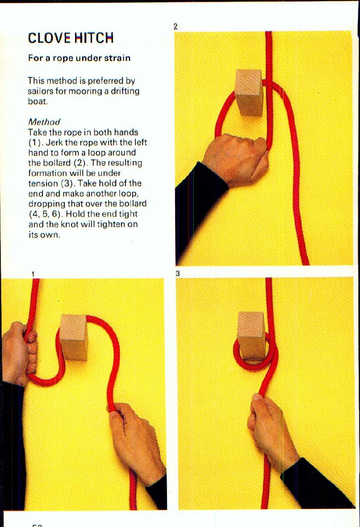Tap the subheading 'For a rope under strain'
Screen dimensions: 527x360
point(79,58)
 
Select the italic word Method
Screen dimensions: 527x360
point(44,122)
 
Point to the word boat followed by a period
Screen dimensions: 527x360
point(38,101)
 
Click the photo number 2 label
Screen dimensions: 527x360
point(175,27)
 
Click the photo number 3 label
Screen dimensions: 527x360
point(178,274)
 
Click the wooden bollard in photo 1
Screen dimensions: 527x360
point(74,336)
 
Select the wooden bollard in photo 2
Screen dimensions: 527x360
point(249,92)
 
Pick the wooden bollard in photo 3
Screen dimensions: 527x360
point(251,334)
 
